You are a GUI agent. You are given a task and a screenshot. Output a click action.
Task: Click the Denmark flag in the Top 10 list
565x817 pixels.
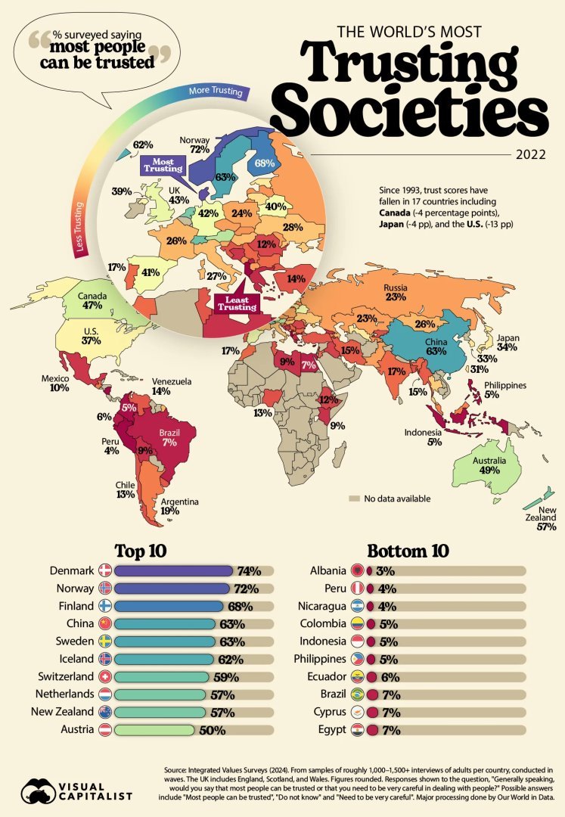[x=104, y=570]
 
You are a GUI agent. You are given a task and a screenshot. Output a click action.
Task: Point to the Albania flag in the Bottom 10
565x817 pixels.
[x=356, y=570]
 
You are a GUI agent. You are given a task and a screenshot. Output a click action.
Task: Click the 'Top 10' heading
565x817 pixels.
[x=140, y=549]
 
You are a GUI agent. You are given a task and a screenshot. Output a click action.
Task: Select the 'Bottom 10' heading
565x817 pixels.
[x=407, y=549]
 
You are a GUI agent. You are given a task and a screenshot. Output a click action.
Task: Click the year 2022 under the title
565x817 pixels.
[x=531, y=156]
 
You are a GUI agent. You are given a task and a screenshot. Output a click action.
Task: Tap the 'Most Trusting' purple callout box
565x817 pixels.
[x=163, y=166]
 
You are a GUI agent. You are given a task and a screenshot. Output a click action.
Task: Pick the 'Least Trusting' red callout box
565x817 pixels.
[x=237, y=303]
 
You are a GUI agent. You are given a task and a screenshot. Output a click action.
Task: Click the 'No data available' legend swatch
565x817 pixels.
[x=353, y=499]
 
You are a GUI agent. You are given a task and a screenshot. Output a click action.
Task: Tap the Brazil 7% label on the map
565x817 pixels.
[x=169, y=436]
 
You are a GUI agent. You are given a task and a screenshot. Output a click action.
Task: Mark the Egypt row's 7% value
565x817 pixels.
[x=391, y=731]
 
